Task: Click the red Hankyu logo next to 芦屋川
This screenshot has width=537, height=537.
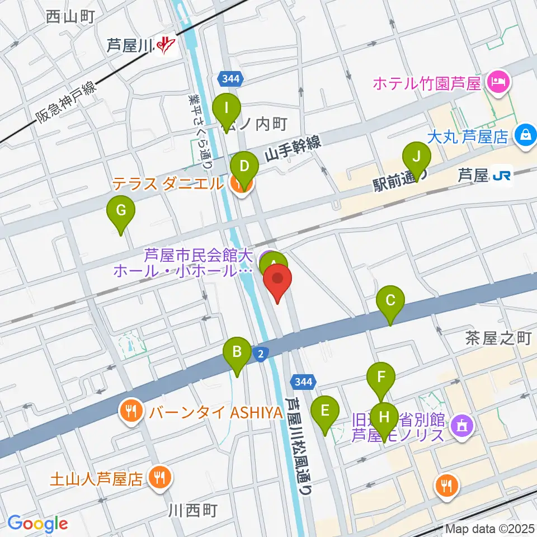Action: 166,45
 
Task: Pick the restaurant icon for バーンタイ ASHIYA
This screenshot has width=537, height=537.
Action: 131,413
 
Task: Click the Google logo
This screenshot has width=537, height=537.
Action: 38,523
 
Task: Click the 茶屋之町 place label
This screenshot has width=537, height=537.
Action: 497,338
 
